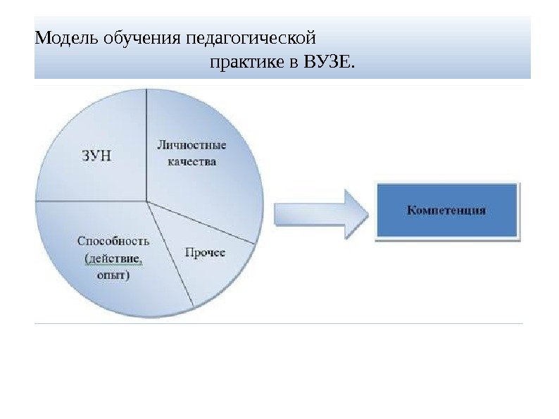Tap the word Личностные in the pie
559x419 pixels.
coord(191,146)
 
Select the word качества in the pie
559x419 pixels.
coord(191,161)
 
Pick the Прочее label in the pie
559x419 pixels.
coord(205,252)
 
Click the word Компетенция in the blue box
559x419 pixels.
coord(447,210)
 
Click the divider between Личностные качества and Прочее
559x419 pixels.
coord(201,223)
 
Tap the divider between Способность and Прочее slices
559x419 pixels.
coord(170,256)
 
